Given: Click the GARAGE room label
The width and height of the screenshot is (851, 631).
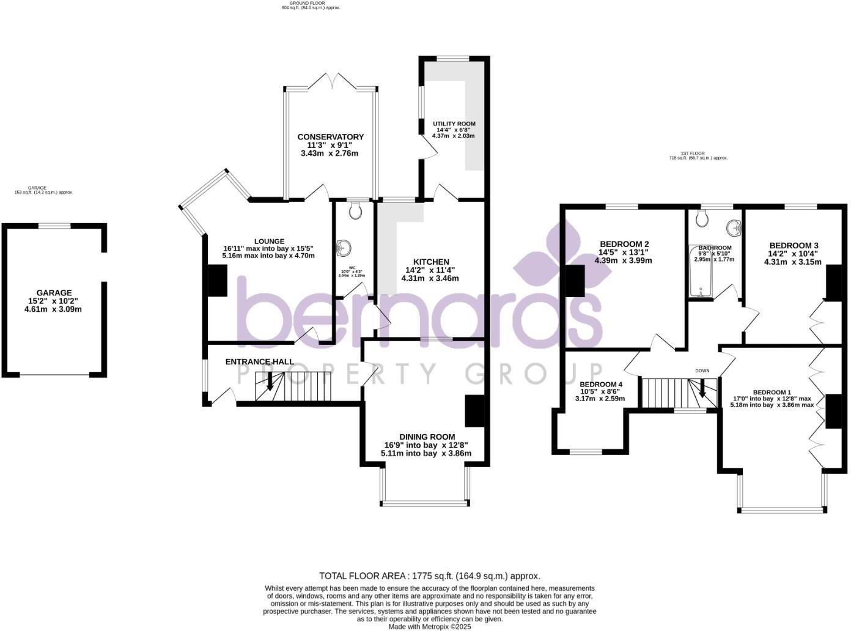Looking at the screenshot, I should pyautogui.click(x=53, y=293).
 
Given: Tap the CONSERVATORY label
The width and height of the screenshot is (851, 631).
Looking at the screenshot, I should pyautogui.click(x=330, y=137).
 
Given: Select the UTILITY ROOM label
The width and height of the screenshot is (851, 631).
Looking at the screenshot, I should pyautogui.click(x=454, y=124).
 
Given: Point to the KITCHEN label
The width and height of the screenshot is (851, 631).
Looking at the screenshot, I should pyautogui.click(x=430, y=262).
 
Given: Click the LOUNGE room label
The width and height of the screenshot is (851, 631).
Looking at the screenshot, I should pyautogui.click(x=270, y=241).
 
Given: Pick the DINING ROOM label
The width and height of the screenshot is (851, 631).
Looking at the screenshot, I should pyautogui.click(x=427, y=437).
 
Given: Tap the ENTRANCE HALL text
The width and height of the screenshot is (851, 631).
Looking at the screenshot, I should pyautogui.click(x=260, y=362).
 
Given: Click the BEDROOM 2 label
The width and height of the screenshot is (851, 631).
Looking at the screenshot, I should pyautogui.click(x=624, y=244).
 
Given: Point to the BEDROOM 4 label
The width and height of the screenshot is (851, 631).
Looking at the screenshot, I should pyautogui.click(x=600, y=385).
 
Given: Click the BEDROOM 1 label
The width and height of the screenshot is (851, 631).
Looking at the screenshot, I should pyautogui.click(x=772, y=392).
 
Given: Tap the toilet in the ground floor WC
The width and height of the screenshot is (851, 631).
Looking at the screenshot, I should pyautogui.click(x=356, y=211).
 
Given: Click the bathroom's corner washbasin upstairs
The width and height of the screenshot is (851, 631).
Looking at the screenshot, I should pyautogui.click(x=733, y=228).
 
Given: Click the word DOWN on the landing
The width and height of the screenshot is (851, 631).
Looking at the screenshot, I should pyautogui.click(x=702, y=371).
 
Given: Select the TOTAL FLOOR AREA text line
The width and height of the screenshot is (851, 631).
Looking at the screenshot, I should pyautogui.click(x=429, y=576).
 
